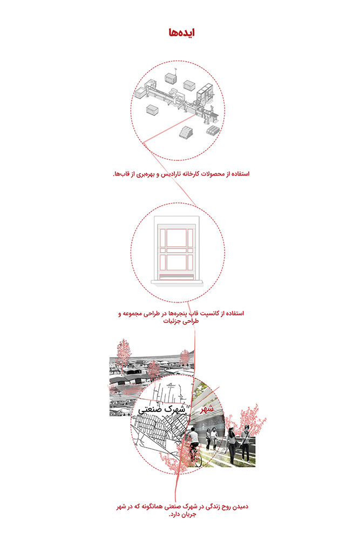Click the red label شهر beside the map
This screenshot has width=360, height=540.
click(x=207, y=410)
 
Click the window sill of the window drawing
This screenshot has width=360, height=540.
click(x=176, y=280)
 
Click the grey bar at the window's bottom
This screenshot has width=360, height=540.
click(x=176, y=275)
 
